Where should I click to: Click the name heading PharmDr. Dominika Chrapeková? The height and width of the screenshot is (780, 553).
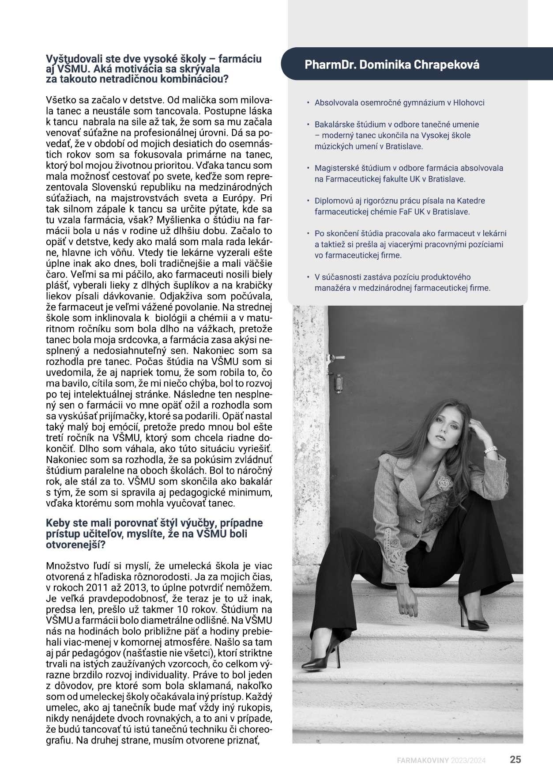[x=392, y=64]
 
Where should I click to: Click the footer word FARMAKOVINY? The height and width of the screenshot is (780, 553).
[x=422, y=760]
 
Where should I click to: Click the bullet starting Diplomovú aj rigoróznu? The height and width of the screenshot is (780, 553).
[x=399, y=206]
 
